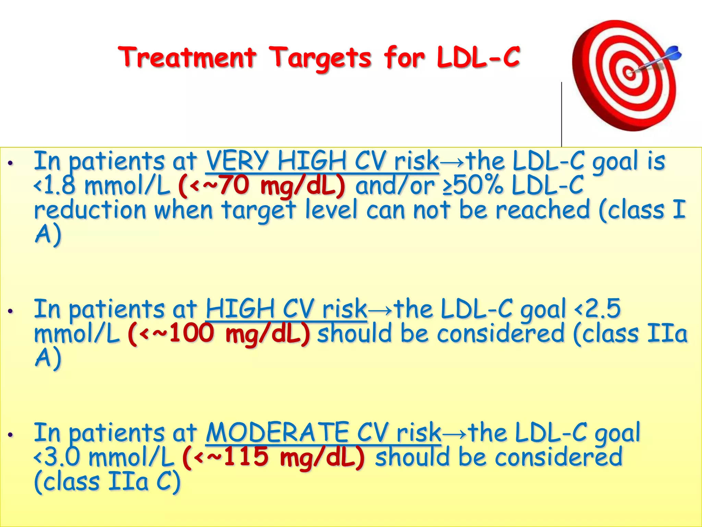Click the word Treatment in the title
(187, 57)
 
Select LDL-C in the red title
(479, 57)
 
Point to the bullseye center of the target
(628, 73)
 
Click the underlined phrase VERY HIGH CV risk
(322, 161)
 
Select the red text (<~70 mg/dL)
(262, 186)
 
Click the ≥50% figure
(473, 186)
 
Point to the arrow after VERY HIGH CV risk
(452, 162)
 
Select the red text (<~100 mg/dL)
(219, 333)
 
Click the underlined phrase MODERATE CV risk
(323, 433)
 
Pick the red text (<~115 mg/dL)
(274, 457)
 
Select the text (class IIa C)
(107, 482)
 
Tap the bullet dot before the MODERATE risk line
(11, 435)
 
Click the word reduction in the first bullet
(90, 210)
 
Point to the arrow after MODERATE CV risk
(455, 433)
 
